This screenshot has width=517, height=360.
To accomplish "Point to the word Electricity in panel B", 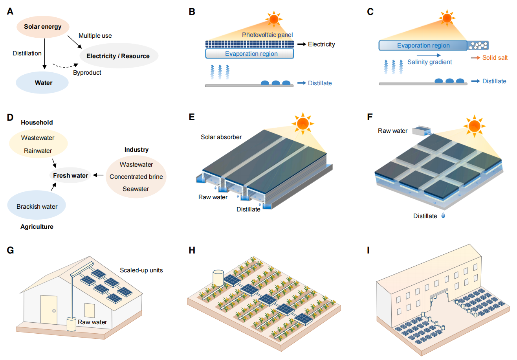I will tap(321, 44).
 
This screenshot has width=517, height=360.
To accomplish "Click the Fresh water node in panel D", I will tap(71, 175).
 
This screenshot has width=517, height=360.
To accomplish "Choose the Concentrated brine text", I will tap(136, 176).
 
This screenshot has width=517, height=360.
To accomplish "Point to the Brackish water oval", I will tap(37, 206).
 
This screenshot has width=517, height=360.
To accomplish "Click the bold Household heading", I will tap(37, 123).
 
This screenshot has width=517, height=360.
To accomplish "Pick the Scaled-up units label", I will tap(141, 271).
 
